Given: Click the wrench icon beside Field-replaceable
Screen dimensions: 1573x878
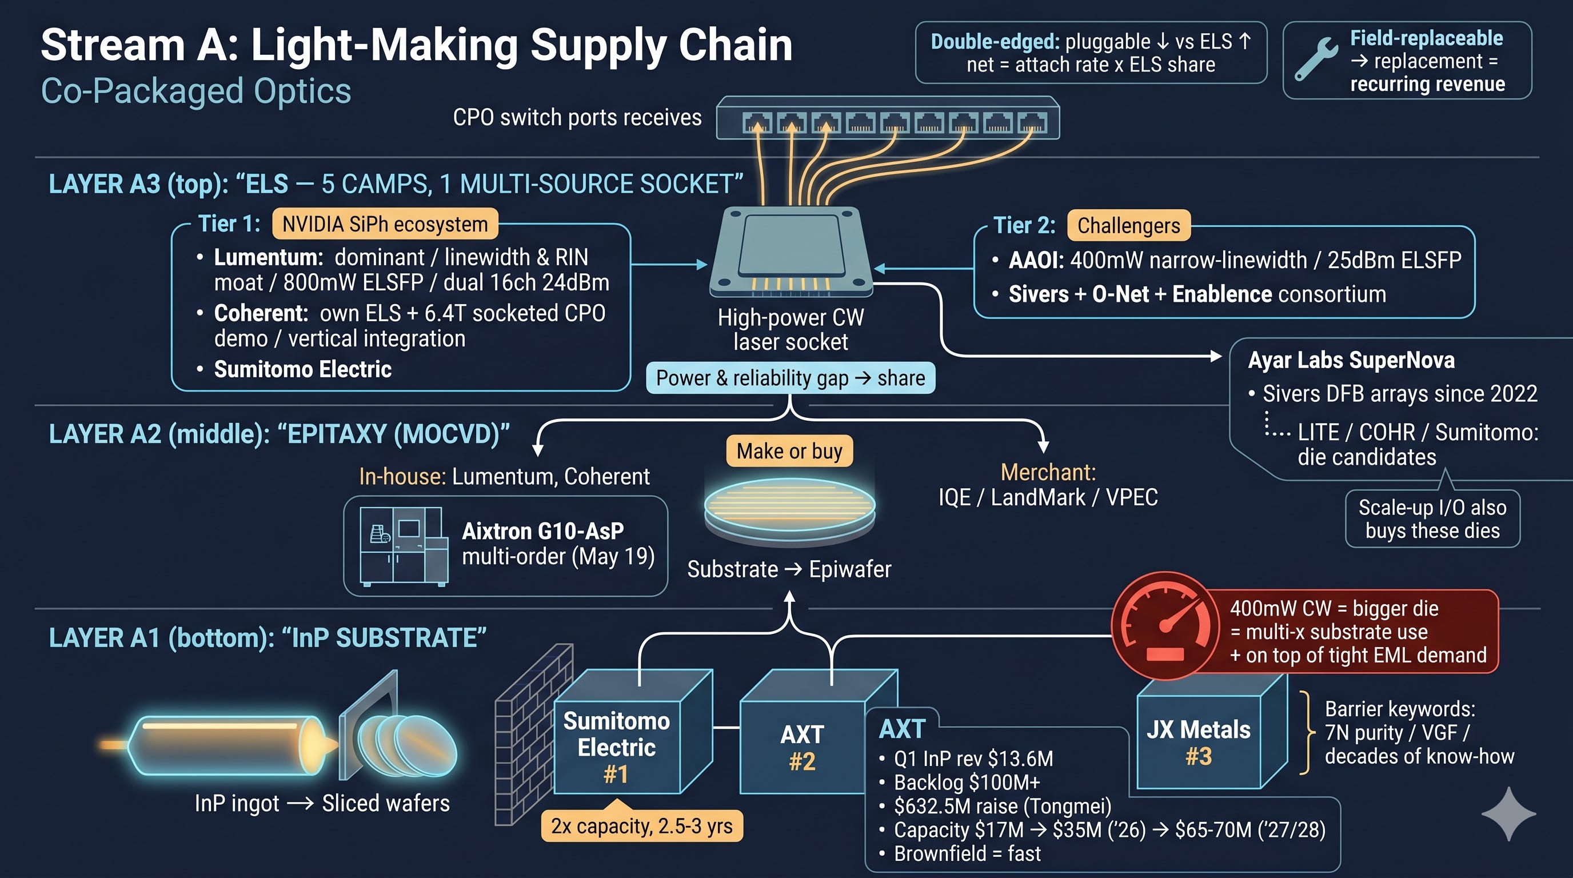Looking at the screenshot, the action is click(x=1315, y=59).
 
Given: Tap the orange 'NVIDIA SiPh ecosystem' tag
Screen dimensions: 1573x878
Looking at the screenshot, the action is click(x=385, y=224).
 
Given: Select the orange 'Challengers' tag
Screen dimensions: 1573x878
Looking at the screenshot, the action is click(x=1128, y=225).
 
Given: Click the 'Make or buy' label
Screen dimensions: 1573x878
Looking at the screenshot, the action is click(x=789, y=451).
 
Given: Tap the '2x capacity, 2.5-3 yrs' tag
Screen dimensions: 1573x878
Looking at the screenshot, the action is click(x=642, y=826).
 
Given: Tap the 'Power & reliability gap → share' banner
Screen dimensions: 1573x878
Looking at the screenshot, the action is click(x=791, y=378).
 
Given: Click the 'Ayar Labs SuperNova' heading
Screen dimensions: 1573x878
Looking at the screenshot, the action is click(x=1351, y=360).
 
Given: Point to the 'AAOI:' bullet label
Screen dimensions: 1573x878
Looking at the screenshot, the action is click(x=1036, y=261).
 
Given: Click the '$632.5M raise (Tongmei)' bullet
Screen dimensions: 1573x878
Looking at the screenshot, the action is click(x=1003, y=806).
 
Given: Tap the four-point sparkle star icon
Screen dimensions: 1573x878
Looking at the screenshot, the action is click(x=1508, y=814).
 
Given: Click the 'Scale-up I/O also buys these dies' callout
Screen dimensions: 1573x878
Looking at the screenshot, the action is click(x=1432, y=519).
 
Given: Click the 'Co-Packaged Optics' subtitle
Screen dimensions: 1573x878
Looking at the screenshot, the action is click(x=196, y=91).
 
